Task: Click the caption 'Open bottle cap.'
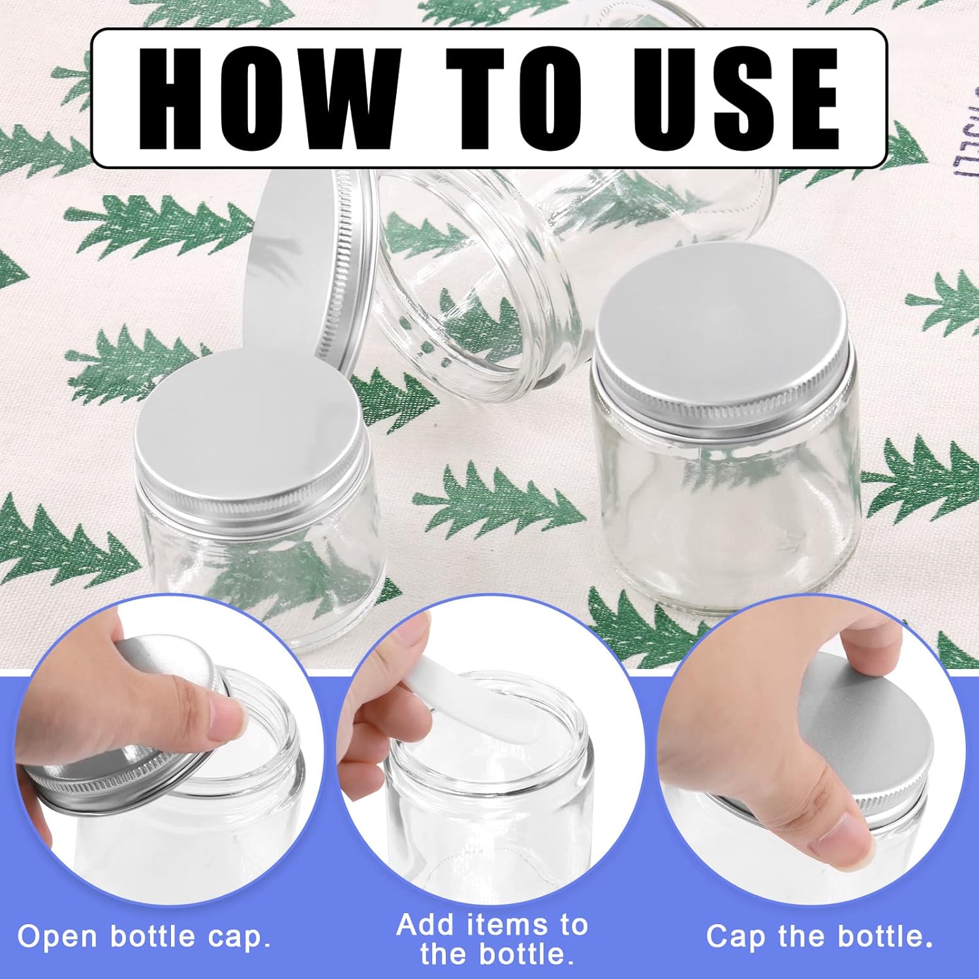(144, 937)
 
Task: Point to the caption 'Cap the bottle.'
(819, 937)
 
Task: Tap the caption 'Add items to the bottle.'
(493, 940)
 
